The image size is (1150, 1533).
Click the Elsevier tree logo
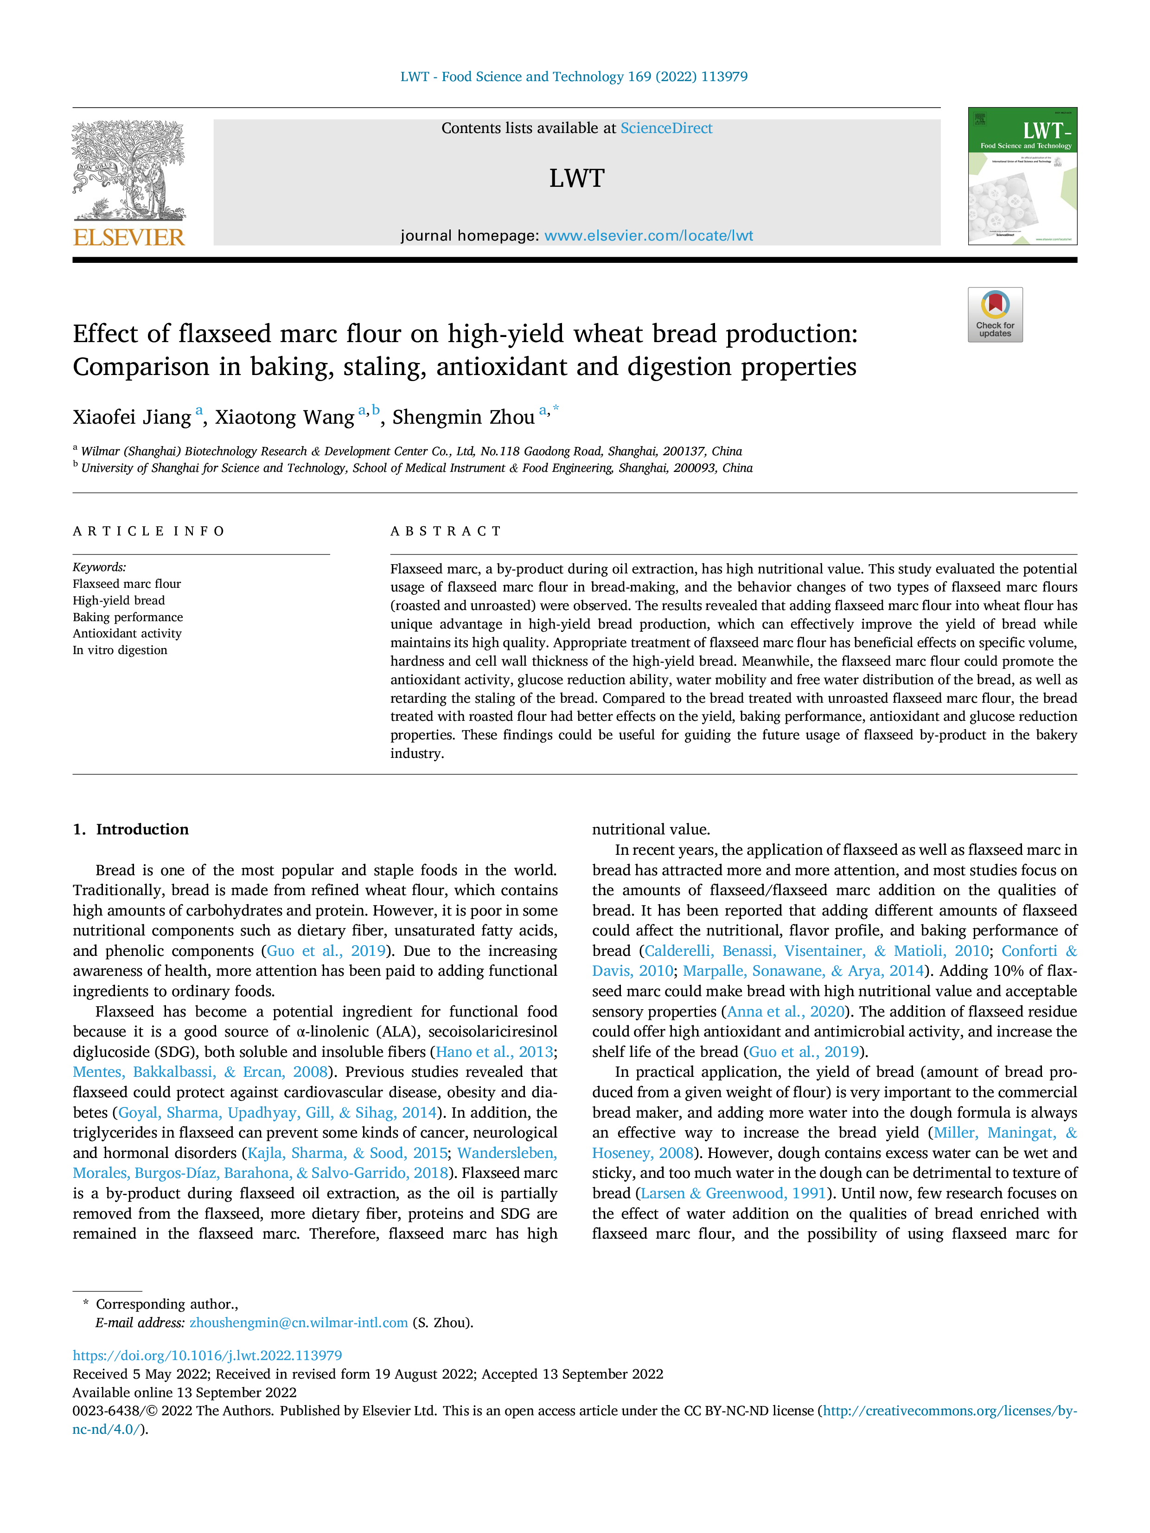coord(129,171)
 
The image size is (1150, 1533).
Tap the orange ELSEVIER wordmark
coord(129,238)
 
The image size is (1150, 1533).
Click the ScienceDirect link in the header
coord(666,128)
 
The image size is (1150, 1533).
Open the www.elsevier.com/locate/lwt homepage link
coord(648,235)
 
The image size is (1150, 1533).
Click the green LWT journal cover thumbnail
coord(1022,176)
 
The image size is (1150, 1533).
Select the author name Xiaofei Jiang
coord(132,417)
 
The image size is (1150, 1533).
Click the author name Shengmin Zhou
coord(463,417)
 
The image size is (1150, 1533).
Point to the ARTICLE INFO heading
coord(148,532)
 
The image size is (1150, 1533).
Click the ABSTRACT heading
coord(446,532)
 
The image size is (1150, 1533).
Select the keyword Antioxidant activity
coord(128,633)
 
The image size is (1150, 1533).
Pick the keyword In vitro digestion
coord(120,650)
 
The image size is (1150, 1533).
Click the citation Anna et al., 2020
coord(786,1012)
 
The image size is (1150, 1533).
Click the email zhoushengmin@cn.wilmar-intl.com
coord(299,1323)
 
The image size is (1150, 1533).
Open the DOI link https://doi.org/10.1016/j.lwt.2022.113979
coord(207,1355)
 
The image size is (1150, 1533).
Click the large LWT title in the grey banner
coord(577,178)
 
